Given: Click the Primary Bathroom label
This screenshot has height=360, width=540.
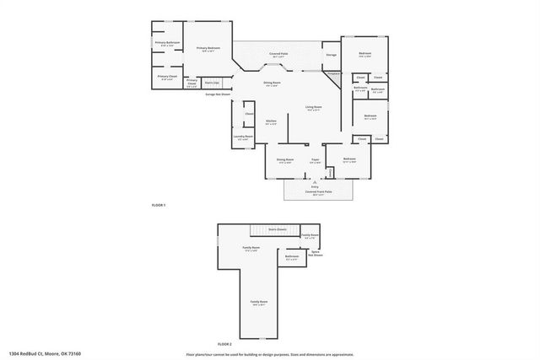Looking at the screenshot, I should [166, 42].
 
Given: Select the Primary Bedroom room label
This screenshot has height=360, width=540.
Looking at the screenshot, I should [208, 49].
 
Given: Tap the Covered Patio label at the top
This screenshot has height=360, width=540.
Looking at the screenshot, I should [278, 53].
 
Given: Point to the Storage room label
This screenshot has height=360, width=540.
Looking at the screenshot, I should [331, 56].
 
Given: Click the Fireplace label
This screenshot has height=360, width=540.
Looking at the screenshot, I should [333, 74].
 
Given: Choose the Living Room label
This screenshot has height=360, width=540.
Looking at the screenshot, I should [313, 108].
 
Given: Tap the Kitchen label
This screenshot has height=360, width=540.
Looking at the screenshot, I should [272, 121].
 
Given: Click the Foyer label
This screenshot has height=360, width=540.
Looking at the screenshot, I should [314, 159].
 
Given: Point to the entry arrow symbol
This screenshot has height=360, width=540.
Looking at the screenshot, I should [314, 181].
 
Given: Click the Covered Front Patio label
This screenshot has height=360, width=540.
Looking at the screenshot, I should [318, 191].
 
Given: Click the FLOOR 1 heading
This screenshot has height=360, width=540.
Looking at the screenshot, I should [158, 206].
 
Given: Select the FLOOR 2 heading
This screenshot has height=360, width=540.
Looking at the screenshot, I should [224, 344].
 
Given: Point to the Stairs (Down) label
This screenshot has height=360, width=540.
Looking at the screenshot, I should [278, 228].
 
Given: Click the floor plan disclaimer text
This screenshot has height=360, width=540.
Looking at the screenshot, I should [269, 353].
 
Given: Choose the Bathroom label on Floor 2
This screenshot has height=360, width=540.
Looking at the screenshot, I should [291, 257].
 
